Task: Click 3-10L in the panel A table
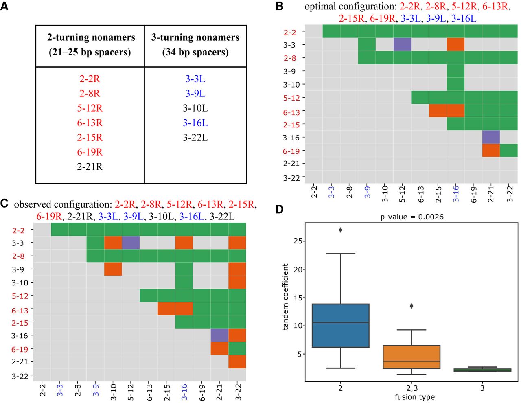(195, 108)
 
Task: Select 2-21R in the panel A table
(90, 167)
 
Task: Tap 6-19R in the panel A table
(90, 152)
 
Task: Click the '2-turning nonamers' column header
(90, 44)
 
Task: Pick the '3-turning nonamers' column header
(195, 44)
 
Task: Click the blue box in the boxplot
(340, 325)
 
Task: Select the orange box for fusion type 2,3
(412, 357)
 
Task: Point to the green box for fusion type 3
(482, 370)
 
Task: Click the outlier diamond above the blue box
(340, 230)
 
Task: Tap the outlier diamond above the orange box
(412, 306)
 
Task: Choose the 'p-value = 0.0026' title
(412, 217)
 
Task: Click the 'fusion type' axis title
(414, 397)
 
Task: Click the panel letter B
(279, 6)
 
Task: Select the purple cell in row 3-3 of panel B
(402, 44)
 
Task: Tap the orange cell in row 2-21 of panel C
(237, 361)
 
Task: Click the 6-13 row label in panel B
(291, 112)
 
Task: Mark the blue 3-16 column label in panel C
(184, 392)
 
